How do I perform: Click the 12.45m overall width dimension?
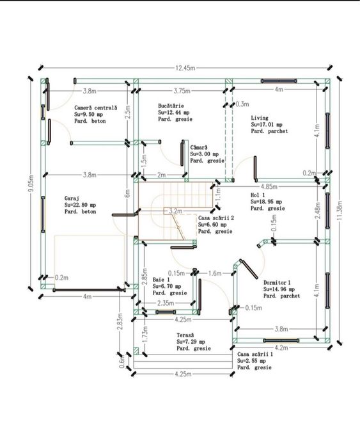point(185,68)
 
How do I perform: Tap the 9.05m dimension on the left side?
point(31,184)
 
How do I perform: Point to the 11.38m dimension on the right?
point(340,210)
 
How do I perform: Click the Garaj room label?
point(72,198)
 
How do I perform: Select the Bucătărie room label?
point(171,106)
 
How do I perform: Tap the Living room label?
point(260,118)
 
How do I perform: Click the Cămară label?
point(199,147)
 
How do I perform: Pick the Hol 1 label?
point(258,195)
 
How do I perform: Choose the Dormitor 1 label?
point(277,282)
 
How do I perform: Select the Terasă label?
point(185,335)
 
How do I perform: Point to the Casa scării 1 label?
point(255,354)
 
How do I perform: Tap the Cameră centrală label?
point(96,108)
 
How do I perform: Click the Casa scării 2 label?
point(216,218)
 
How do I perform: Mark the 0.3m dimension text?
point(242,104)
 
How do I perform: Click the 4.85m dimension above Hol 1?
point(269,187)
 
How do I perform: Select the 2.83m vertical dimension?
point(120,321)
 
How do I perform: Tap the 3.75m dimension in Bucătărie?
point(182,91)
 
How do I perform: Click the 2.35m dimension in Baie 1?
point(166,303)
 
